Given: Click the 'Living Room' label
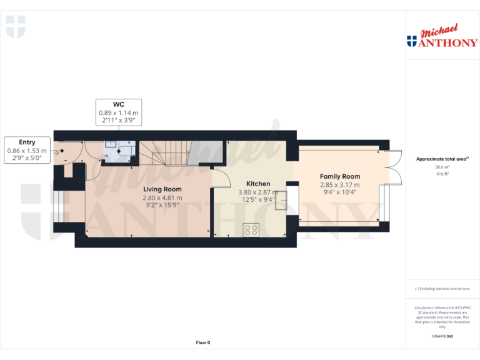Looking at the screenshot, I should (x=162, y=189).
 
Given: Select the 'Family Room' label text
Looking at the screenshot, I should (x=340, y=177).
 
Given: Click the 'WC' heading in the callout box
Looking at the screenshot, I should (x=118, y=104).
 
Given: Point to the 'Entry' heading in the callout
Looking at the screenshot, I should (x=27, y=142).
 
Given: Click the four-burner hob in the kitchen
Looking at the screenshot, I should (x=251, y=229).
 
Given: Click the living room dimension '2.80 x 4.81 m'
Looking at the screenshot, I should (x=162, y=197).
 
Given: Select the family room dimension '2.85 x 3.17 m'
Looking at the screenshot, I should (x=340, y=185).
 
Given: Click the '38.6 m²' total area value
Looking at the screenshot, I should (x=442, y=167).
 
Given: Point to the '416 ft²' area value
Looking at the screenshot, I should (x=442, y=174).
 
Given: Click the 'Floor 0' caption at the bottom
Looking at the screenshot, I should (x=203, y=342).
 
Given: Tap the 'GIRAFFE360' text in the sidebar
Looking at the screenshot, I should (x=442, y=337).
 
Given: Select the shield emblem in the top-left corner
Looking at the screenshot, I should (x=16, y=26).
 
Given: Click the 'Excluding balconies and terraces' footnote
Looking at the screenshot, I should (x=443, y=289).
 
